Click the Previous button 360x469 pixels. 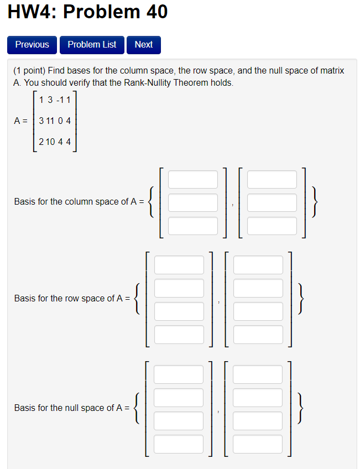32,45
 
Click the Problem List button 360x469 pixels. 92,45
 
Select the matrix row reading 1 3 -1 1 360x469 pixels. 55,100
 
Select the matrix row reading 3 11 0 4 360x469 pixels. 55,120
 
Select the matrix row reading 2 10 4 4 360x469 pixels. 55,142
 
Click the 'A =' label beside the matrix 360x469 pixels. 21,120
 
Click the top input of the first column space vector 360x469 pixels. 193,179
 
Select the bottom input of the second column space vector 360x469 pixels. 272,226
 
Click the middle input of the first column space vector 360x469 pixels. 193,202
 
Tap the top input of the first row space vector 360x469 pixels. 179,265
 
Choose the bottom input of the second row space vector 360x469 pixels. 258,334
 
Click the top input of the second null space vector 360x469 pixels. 258,374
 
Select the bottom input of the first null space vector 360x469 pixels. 179,444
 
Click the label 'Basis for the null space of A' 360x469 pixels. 71,408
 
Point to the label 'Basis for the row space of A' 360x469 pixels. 71,299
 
